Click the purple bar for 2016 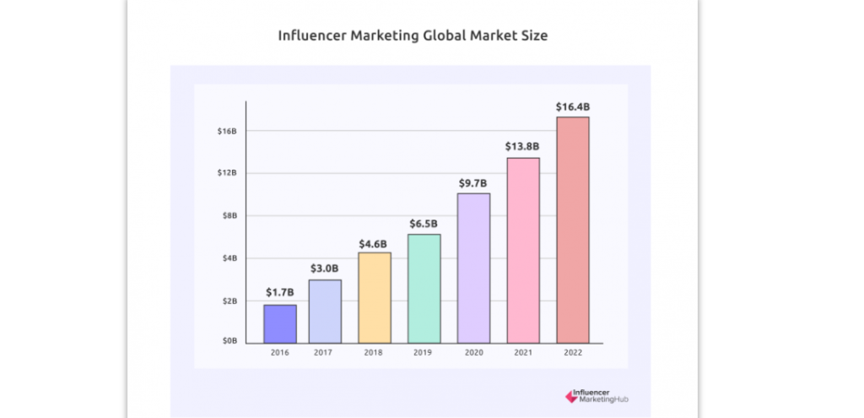point(280,323)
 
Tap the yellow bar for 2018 point(375,297)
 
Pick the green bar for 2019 point(424,288)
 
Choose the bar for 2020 point(473,268)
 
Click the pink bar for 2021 point(523,250)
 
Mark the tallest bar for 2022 point(573,230)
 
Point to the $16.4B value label point(573,106)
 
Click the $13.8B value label point(523,146)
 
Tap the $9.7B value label point(473,182)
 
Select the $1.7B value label point(280,292)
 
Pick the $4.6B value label point(375,243)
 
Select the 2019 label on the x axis point(424,353)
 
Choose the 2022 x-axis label point(573,353)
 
